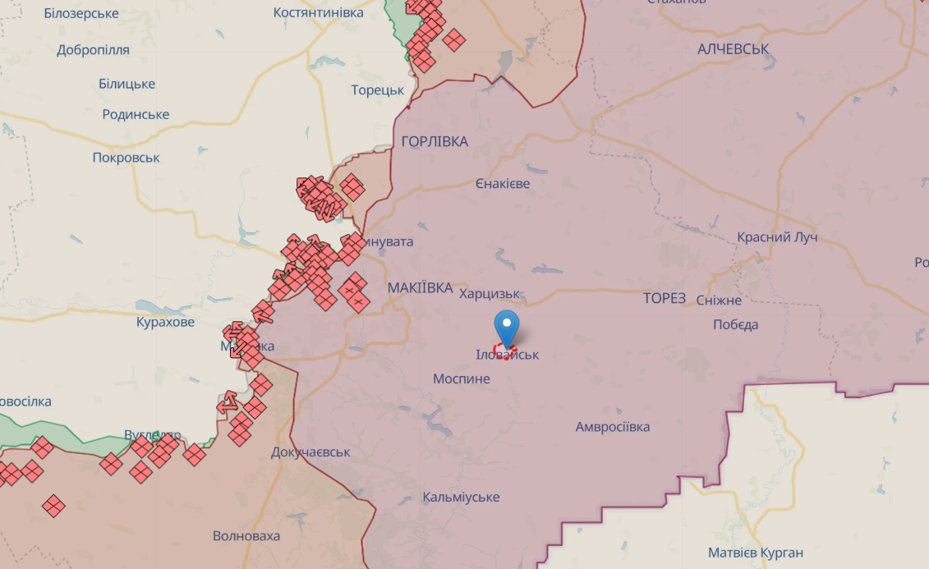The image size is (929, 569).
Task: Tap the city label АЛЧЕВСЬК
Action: point(733,49)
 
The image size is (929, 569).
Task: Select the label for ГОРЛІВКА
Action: point(435,142)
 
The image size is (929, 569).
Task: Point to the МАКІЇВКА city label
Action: point(419,287)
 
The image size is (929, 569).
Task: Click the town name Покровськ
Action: point(126,158)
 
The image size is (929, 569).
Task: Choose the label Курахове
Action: point(166,322)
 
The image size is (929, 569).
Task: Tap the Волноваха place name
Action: point(246,536)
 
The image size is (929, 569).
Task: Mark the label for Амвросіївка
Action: point(613,427)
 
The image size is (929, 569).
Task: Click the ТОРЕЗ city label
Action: point(665,299)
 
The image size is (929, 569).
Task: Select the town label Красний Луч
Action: point(777,237)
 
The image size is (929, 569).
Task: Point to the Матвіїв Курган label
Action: point(756,553)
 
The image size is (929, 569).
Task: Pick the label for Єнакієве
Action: point(503,184)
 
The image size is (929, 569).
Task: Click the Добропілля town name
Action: point(94,50)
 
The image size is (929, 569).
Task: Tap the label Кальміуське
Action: point(461,498)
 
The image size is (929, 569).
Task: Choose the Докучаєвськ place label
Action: point(310,452)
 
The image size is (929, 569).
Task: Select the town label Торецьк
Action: point(378,90)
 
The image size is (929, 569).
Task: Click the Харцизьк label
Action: point(490,294)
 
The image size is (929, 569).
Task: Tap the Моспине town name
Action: point(462,379)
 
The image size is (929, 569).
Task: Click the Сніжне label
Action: point(719,301)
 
